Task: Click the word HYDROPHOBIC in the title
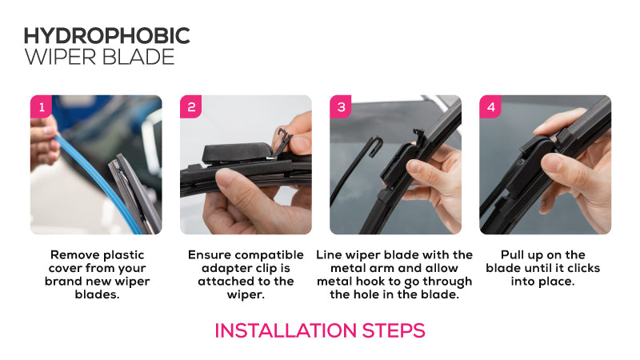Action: point(107,36)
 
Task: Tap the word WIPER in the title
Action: point(59,57)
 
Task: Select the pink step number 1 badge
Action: point(41,107)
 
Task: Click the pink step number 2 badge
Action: point(190,107)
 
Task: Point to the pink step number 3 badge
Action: point(341,107)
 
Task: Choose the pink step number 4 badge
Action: point(490,107)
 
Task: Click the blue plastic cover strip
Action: point(98,184)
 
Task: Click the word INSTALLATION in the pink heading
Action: point(286,330)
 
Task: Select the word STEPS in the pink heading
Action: point(394,330)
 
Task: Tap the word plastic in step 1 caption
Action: point(124,255)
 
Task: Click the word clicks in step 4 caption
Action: point(582,268)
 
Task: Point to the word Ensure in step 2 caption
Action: point(210,255)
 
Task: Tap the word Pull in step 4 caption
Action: point(512,255)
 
